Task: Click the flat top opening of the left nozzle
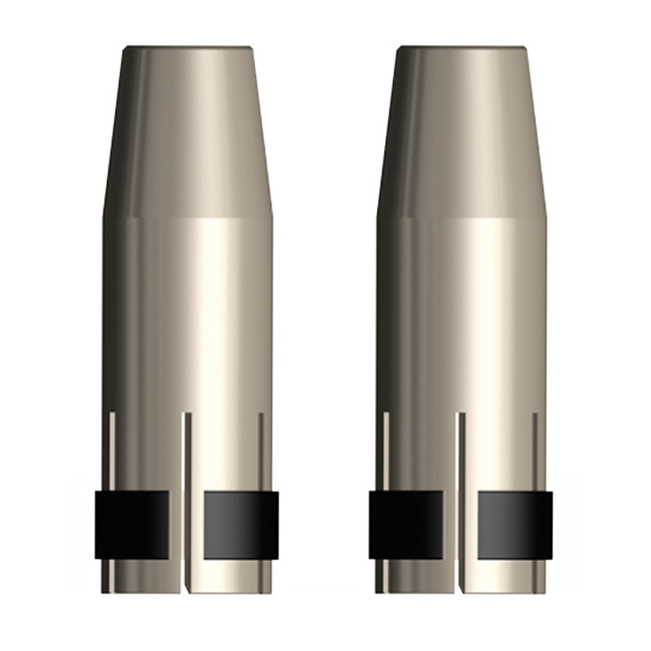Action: tap(187, 50)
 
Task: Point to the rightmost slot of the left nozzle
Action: tap(261, 450)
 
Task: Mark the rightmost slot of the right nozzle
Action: tap(535, 450)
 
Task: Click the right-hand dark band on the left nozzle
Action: tap(241, 525)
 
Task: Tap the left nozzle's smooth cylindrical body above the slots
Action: tap(187, 311)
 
